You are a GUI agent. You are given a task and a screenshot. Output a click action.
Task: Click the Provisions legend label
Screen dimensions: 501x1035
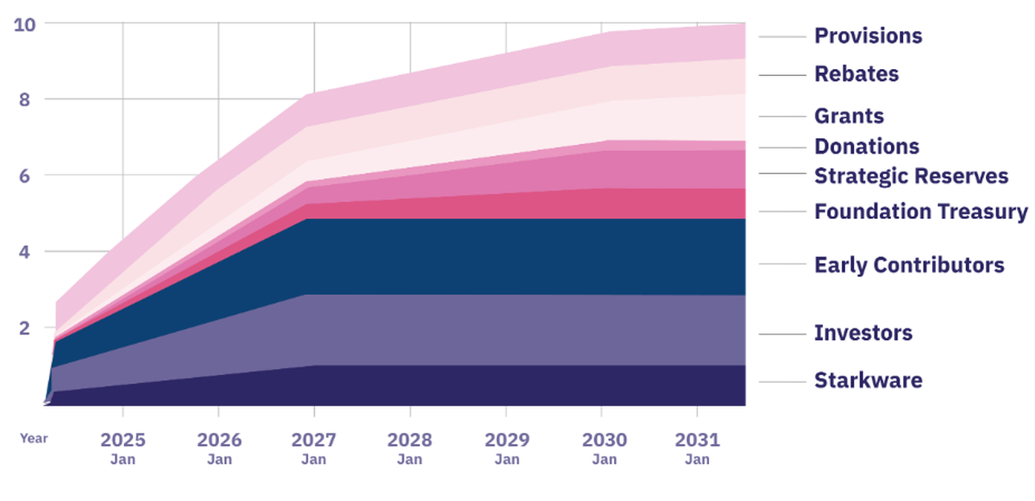(868, 36)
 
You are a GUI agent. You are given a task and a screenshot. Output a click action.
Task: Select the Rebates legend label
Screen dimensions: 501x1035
(856, 74)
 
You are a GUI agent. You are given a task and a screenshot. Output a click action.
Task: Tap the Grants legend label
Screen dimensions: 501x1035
(849, 116)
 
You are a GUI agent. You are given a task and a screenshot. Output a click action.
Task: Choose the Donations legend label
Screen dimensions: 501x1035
(866, 147)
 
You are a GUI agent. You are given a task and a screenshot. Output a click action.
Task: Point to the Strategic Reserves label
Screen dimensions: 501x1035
(911, 176)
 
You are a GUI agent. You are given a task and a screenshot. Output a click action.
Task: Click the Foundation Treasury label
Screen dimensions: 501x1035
(920, 211)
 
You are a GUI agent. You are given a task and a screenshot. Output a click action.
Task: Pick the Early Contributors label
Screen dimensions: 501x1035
(909, 265)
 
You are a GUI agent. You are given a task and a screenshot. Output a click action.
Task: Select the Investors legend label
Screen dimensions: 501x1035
(862, 333)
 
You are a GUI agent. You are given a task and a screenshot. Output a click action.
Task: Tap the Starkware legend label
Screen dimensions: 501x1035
(868, 380)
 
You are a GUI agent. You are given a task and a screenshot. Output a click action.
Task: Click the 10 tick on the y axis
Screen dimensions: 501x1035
(24, 24)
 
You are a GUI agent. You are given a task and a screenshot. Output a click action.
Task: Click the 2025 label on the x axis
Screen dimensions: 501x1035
(123, 440)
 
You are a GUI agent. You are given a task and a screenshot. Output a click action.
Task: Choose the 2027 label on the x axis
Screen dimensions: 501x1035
(315, 440)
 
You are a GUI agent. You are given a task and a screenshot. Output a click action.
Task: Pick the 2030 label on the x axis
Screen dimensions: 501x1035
(604, 440)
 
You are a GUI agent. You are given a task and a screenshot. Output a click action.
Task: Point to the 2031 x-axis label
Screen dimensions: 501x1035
(697, 440)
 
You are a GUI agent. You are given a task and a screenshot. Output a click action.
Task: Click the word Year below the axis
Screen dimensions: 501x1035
(34, 438)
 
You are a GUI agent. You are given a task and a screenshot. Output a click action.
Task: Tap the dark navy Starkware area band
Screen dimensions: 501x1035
(517, 385)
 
